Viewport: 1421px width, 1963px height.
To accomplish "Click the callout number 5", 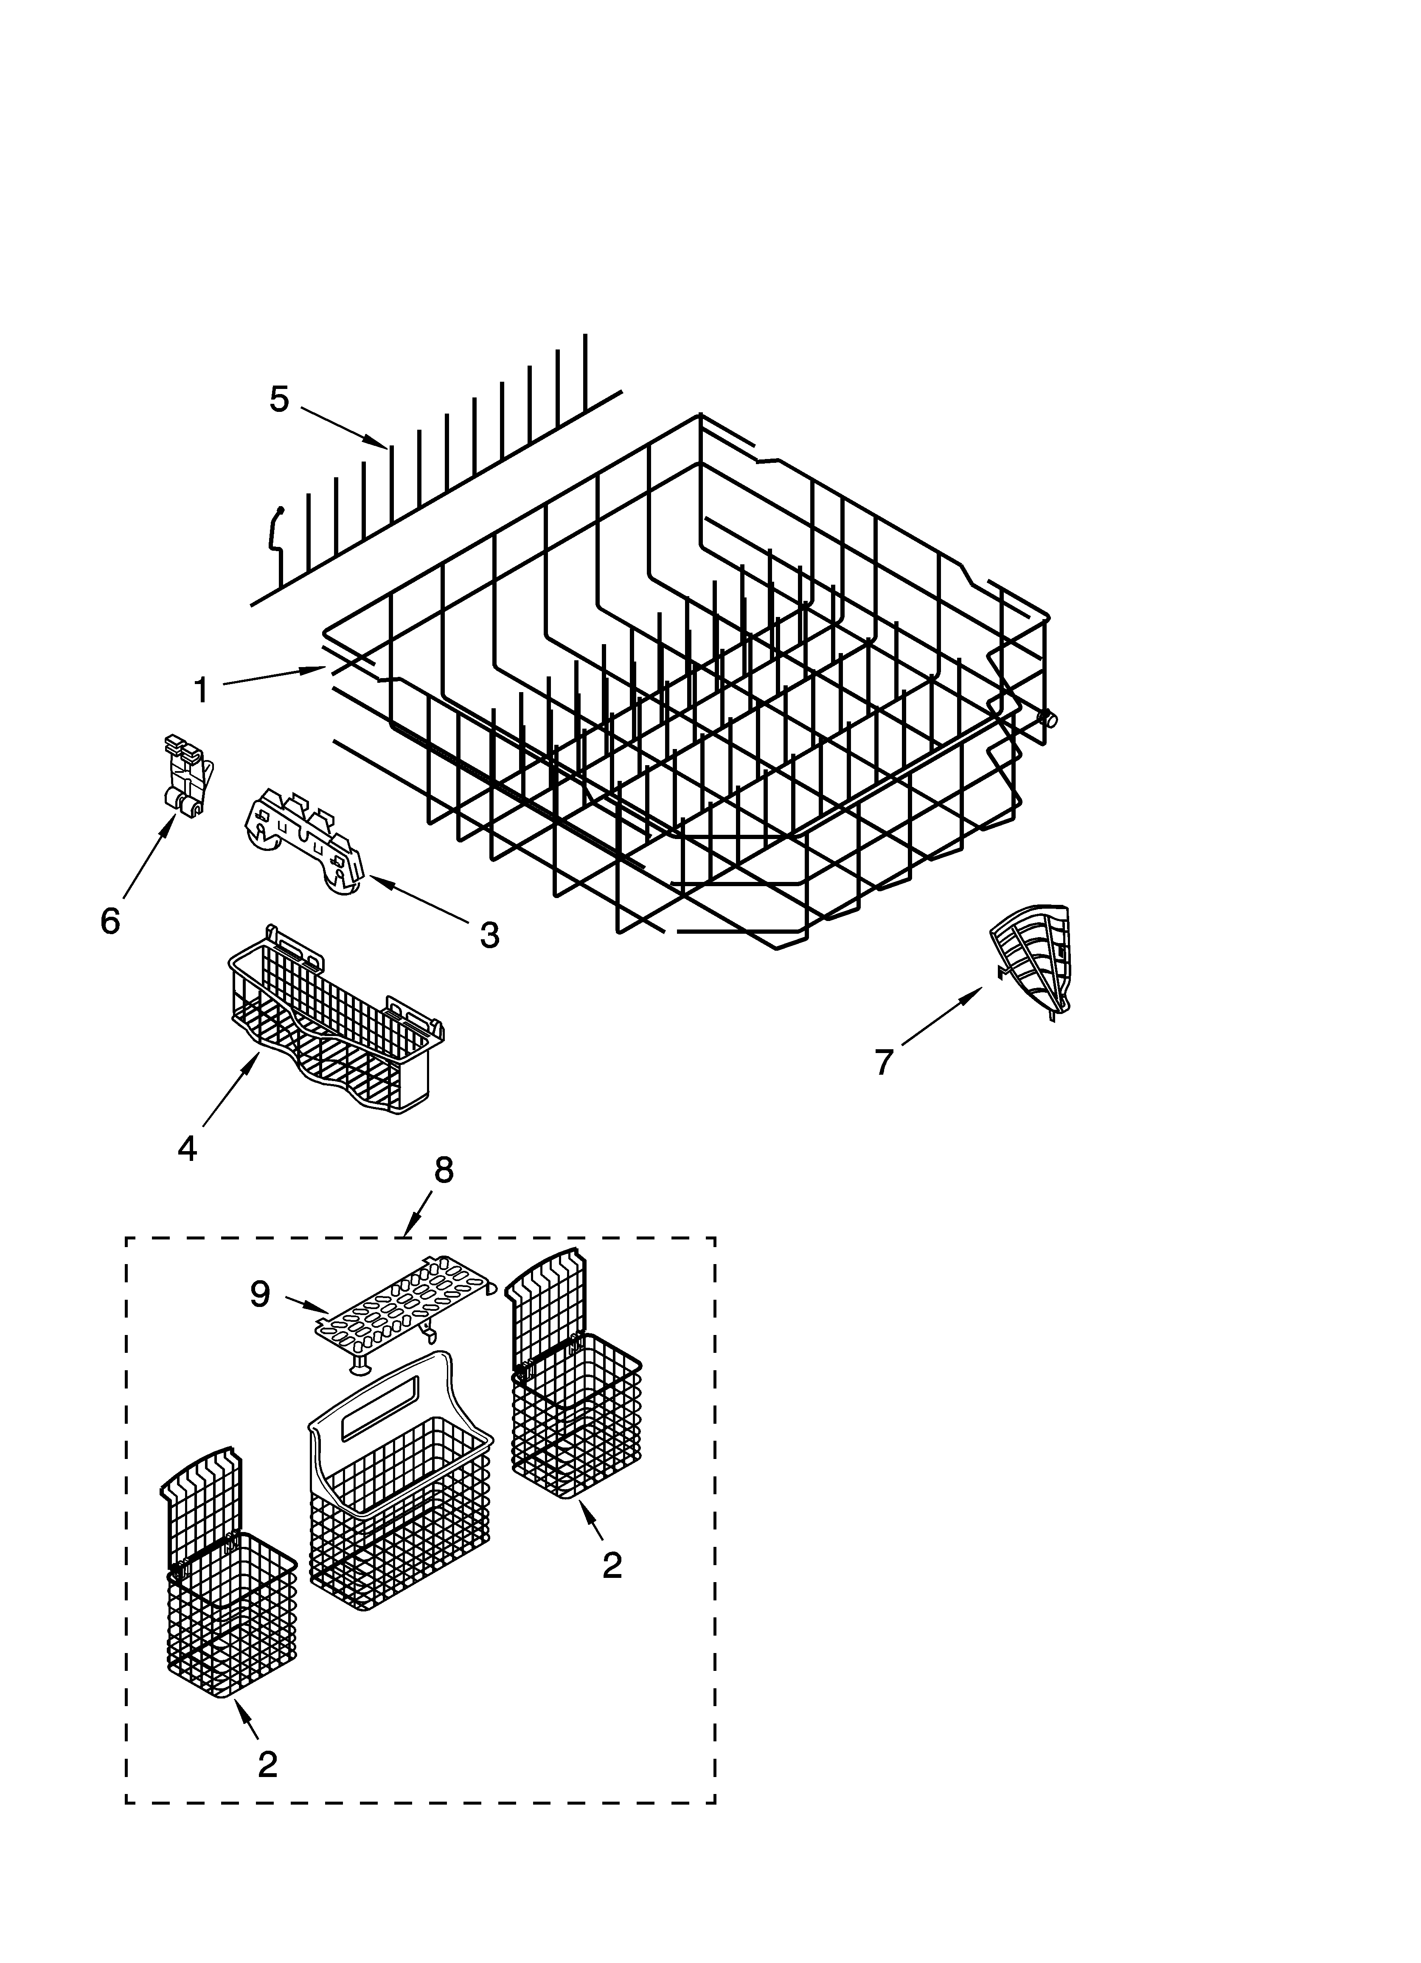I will (279, 399).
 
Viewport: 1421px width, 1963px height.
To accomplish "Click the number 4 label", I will (187, 1148).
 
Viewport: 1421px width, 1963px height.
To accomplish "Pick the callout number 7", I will (883, 1062).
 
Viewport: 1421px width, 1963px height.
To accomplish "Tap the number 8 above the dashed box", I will (443, 1170).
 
